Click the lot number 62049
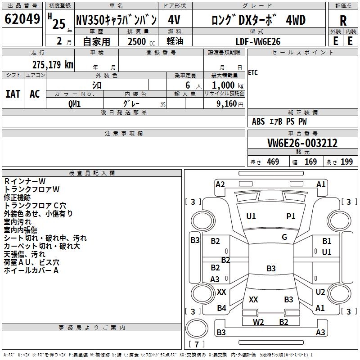(22, 20)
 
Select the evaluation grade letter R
(343, 20)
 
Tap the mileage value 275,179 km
(53, 65)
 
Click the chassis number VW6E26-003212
(302, 144)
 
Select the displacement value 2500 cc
(139, 41)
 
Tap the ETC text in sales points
(253, 73)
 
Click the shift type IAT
(13, 94)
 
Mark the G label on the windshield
(284, 237)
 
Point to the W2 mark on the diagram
(258, 322)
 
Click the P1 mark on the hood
(291, 216)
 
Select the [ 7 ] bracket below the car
(197, 344)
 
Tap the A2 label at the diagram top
(220, 184)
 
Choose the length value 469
(273, 162)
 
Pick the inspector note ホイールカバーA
(31, 270)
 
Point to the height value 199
(346, 162)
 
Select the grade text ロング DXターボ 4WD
(258, 20)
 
